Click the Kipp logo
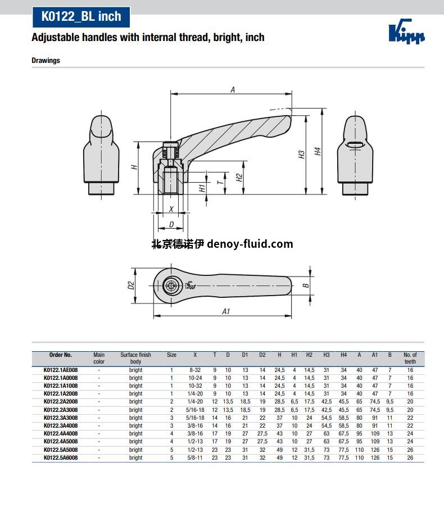pyautogui.click(x=406, y=33)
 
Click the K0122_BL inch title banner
pyautogui.click(x=81, y=17)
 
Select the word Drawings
pyautogui.click(x=46, y=60)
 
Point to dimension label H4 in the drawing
pyautogui.click(x=318, y=152)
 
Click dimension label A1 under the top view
pyautogui.click(x=226, y=311)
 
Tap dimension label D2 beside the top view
pyautogui.click(x=131, y=285)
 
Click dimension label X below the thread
pyautogui.click(x=171, y=208)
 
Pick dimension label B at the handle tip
pyautogui.click(x=306, y=285)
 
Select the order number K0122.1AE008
pyautogui.click(x=61, y=370)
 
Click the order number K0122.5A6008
pyautogui.click(x=61, y=458)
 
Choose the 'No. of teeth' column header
pyautogui.click(x=410, y=358)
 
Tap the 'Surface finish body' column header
pyautogui.click(x=135, y=358)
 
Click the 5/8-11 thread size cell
pyautogui.click(x=195, y=458)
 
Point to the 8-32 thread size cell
pyautogui.click(x=195, y=370)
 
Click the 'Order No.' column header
pyautogui.click(x=61, y=355)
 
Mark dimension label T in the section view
pyautogui.click(x=220, y=182)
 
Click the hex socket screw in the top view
pyautogui.click(x=171, y=286)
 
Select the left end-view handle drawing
pyautogui.click(x=102, y=155)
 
